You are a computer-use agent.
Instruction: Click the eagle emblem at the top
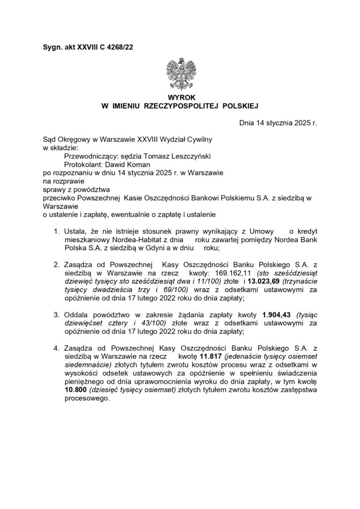click(x=180, y=75)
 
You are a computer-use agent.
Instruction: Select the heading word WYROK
click(x=180, y=98)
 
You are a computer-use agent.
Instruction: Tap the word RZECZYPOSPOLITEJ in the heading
click(x=181, y=106)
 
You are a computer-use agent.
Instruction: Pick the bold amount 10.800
click(x=76, y=390)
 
